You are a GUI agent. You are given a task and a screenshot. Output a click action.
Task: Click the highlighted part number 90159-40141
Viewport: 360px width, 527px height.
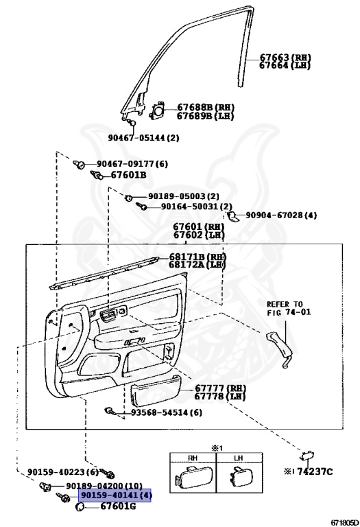pyautogui.click(x=115, y=495)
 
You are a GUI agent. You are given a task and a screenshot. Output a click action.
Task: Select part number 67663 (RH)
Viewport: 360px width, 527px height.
pyautogui.click(x=285, y=58)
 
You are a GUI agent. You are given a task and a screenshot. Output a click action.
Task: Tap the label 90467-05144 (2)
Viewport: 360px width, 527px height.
pyautogui.click(x=143, y=138)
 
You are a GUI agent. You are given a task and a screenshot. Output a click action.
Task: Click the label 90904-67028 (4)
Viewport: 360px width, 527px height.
pyautogui.click(x=281, y=215)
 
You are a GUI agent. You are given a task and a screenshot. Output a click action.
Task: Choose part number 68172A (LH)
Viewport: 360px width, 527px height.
pyautogui.click(x=197, y=265)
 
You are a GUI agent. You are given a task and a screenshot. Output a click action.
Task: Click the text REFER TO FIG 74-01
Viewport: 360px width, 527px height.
pyautogui.click(x=289, y=308)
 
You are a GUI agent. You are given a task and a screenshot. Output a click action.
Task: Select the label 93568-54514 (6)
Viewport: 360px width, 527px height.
pyautogui.click(x=166, y=412)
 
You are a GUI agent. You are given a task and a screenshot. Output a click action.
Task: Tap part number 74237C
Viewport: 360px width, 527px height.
pyautogui.click(x=315, y=472)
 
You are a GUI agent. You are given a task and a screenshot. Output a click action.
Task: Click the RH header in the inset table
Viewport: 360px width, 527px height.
pyautogui.click(x=193, y=458)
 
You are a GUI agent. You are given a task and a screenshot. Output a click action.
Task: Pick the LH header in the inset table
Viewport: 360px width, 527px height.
pyautogui.click(x=239, y=458)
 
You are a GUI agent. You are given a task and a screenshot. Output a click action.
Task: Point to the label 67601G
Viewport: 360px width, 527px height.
pyautogui.click(x=118, y=506)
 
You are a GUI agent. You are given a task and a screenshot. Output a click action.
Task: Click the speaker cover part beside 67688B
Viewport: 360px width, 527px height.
pyautogui.click(x=157, y=110)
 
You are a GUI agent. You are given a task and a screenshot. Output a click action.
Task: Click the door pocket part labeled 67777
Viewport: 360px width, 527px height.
pyautogui.click(x=156, y=390)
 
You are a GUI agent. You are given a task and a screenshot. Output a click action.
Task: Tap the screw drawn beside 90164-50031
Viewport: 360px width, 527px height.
pyautogui.click(x=141, y=206)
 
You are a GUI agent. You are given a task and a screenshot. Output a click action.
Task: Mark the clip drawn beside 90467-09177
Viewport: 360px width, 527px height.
pyautogui.click(x=79, y=165)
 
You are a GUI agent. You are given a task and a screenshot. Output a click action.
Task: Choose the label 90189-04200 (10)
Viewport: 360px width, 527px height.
pyautogui.click(x=104, y=486)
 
